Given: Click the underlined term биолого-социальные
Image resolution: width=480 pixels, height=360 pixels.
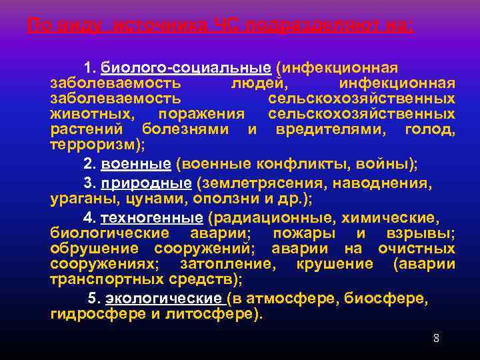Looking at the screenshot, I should point(186,69).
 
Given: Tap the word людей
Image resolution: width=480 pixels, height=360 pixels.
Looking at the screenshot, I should point(259,83).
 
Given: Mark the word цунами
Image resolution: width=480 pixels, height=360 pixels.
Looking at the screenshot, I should point(165,198).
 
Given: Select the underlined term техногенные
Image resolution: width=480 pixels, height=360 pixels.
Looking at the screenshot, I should point(151,218).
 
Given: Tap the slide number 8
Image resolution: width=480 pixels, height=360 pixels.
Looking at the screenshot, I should point(436,338).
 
